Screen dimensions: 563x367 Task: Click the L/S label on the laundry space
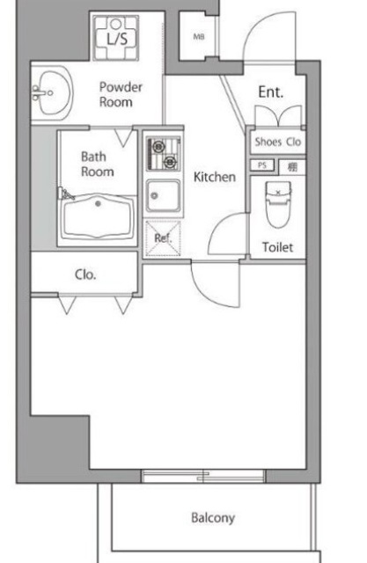click(x=116, y=40)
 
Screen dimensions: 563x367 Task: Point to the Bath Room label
click(x=96, y=164)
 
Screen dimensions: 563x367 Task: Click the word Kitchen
click(x=215, y=177)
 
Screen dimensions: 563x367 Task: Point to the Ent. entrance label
click(x=269, y=91)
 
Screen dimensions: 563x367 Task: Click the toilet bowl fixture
click(x=278, y=202)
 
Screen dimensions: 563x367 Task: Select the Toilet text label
click(x=278, y=247)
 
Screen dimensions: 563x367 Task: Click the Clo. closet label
click(x=85, y=274)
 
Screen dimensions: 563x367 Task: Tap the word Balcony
click(x=213, y=517)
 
